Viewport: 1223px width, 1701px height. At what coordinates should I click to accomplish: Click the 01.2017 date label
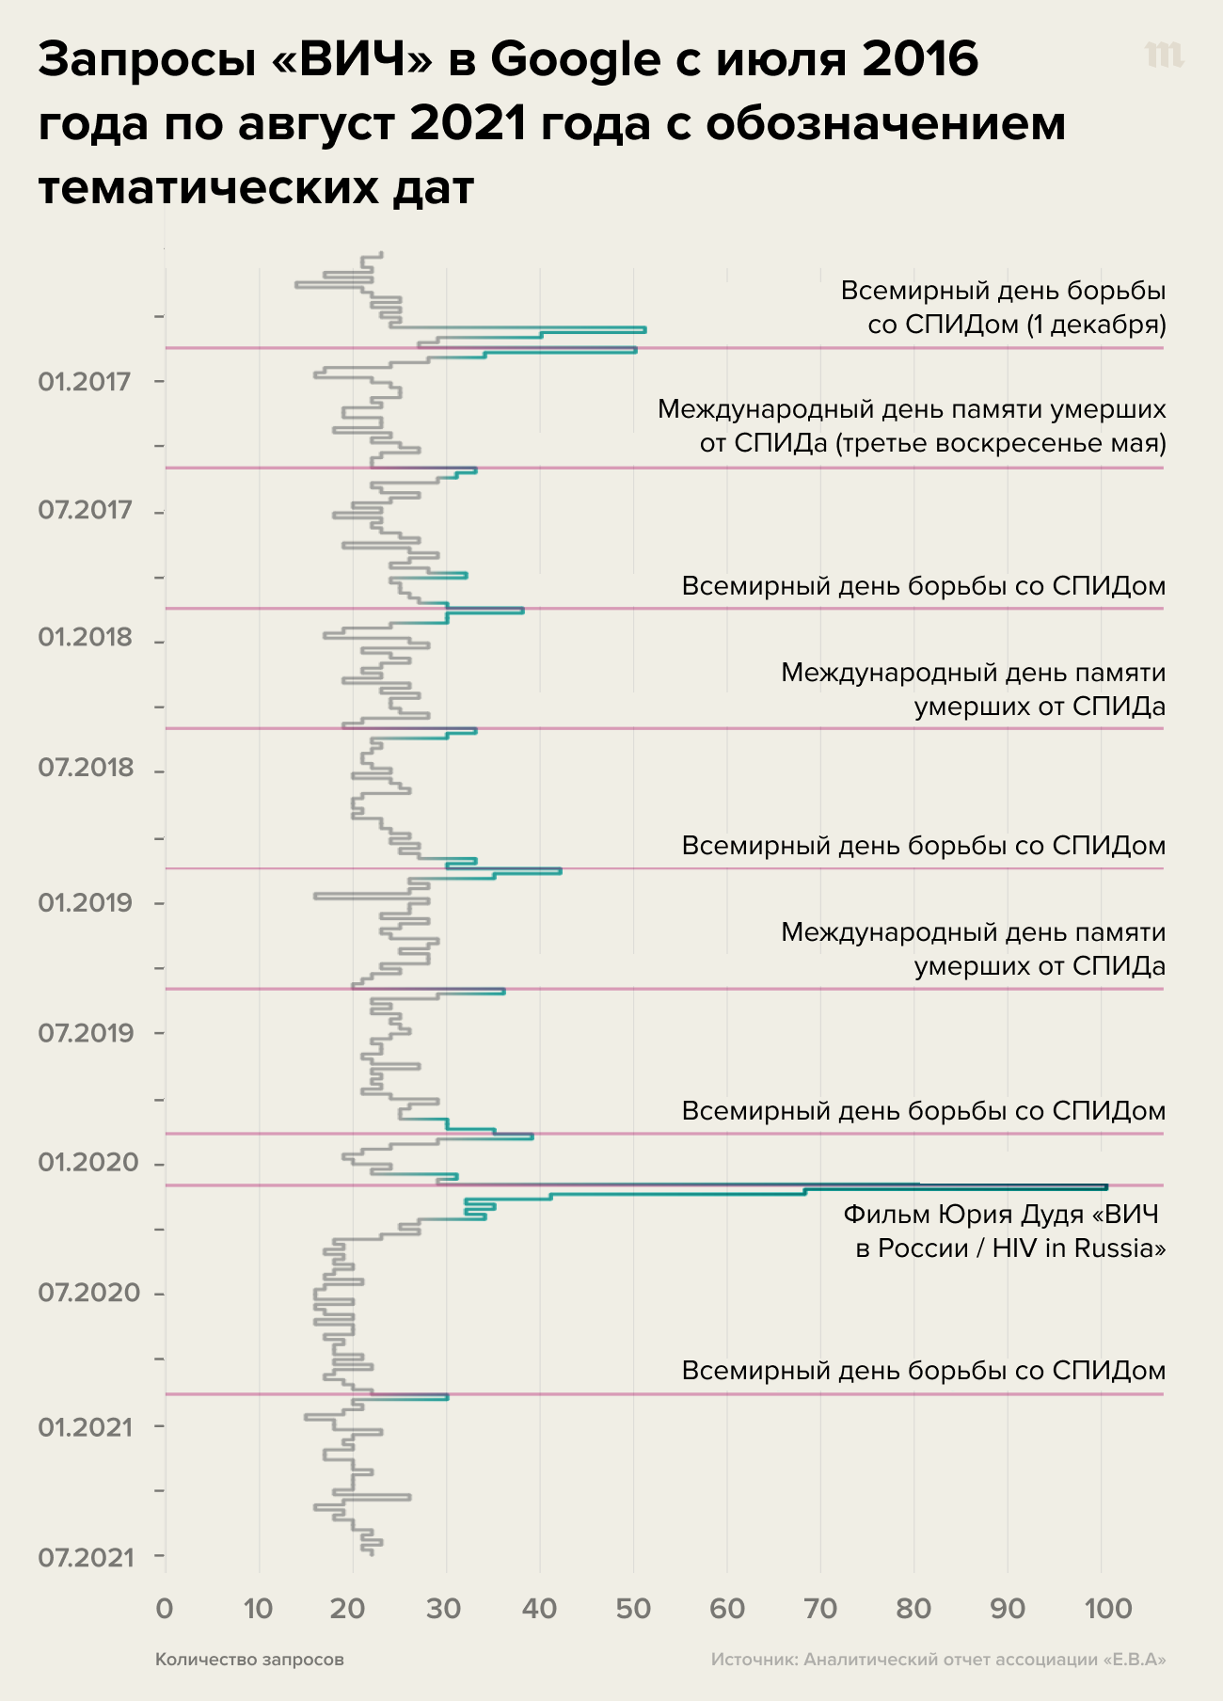[85, 382]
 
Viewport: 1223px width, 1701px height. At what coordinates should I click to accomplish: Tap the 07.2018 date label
[86, 768]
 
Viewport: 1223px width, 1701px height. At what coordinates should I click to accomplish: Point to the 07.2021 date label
[86, 1558]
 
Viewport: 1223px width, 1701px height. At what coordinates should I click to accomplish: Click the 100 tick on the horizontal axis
[1108, 1608]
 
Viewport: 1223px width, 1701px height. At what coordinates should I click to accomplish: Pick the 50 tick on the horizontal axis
[633, 1608]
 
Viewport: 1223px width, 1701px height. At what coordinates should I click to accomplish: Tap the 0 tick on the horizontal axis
[165, 1608]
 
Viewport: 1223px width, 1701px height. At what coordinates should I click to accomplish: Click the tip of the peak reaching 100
[1106, 1187]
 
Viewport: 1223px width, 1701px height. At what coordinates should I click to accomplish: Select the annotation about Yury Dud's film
[1004, 1232]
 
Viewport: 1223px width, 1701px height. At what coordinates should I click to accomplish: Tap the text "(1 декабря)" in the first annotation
[1096, 325]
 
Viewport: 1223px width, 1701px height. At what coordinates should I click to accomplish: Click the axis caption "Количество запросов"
[249, 1660]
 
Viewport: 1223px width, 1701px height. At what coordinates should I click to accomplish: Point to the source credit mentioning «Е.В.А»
[938, 1660]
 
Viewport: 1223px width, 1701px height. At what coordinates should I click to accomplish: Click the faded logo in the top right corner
[1165, 56]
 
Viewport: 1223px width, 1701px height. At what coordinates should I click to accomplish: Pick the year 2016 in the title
[920, 60]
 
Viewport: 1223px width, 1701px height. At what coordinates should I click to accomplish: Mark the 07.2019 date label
[86, 1033]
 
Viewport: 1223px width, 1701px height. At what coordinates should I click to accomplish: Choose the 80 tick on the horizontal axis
[914, 1608]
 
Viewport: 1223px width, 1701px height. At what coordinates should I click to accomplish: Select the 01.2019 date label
[86, 903]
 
